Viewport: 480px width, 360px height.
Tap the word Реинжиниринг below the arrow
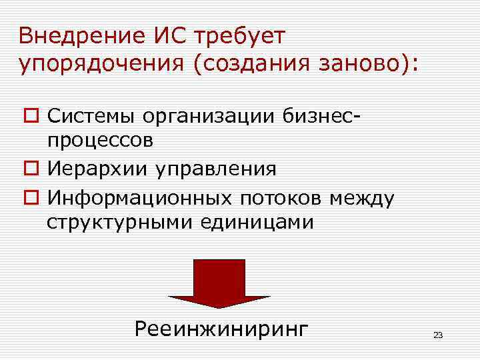[221, 329]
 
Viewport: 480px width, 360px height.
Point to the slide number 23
[437, 335]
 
